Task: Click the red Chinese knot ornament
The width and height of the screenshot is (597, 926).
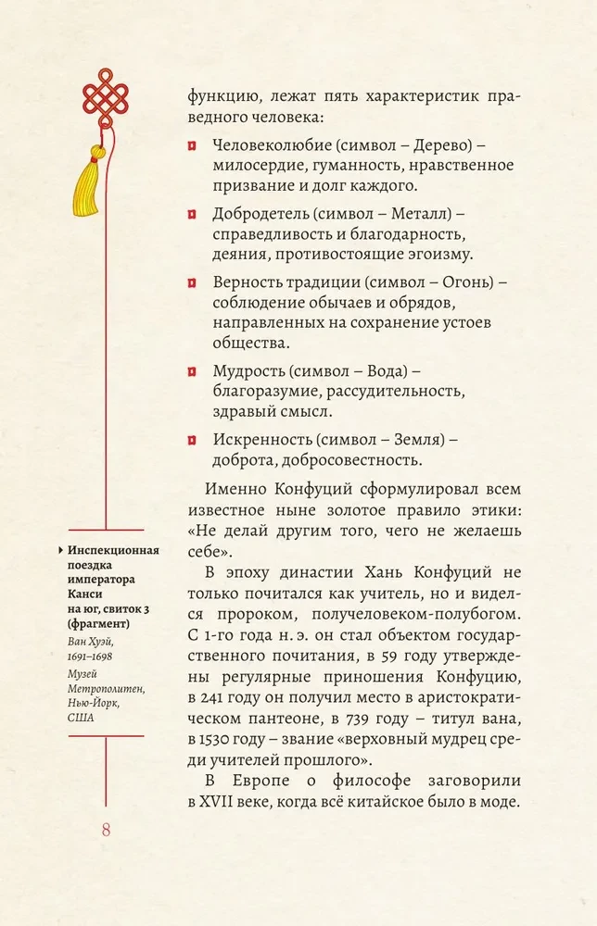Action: click(105, 91)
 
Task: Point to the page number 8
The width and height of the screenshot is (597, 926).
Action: click(105, 829)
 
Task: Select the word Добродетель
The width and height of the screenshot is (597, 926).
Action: click(257, 214)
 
